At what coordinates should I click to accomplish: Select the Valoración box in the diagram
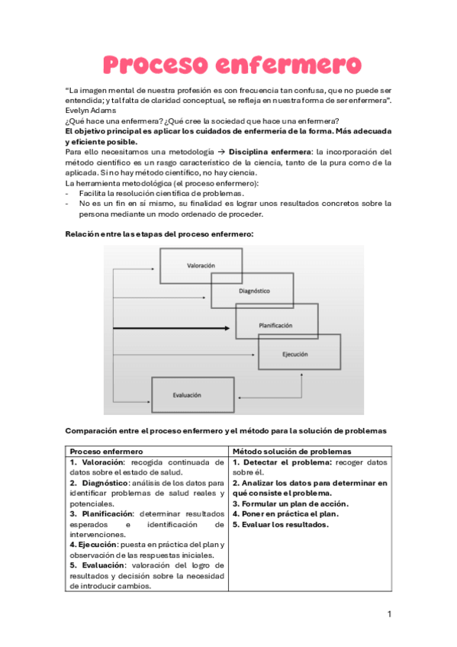(x=200, y=265)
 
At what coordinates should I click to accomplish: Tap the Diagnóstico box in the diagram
(x=253, y=291)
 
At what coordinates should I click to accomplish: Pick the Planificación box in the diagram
(x=275, y=324)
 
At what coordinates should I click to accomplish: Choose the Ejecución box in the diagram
(x=298, y=355)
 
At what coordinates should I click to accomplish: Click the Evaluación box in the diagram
(x=187, y=394)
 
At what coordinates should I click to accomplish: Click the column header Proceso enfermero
(x=106, y=452)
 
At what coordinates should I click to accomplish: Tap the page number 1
(x=389, y=613)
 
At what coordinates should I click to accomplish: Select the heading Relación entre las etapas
(x=159, y=234)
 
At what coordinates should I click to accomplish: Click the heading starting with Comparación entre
(x=226, y=431)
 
